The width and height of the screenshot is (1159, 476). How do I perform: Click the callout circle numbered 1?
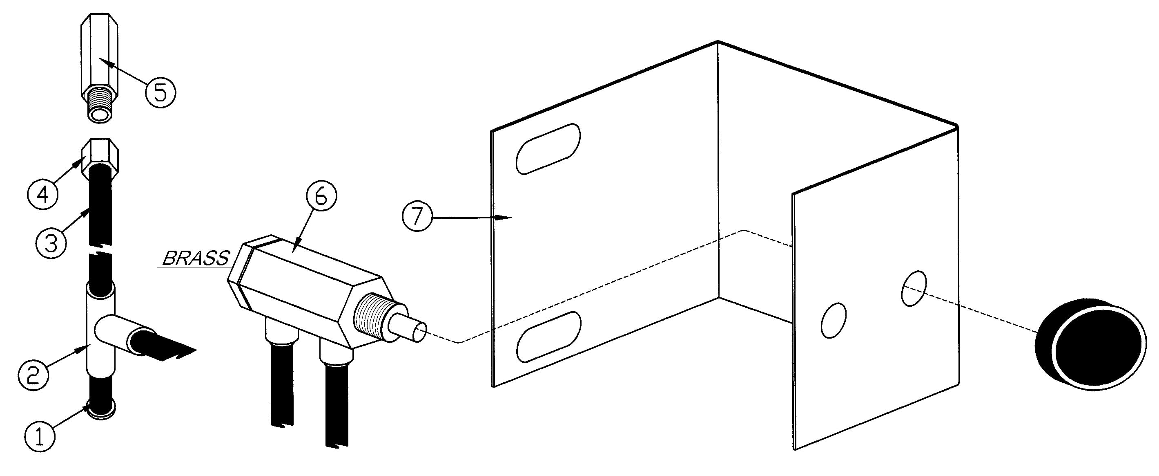click(x=40, y=436)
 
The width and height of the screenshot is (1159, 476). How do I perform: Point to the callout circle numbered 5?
click(x=160, y=92)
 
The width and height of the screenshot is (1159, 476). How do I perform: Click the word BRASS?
click(x=196, y=258)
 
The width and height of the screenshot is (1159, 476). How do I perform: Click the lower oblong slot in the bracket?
click(x=548, y=337)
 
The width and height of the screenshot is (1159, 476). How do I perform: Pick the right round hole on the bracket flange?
click(x=914, y=288)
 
